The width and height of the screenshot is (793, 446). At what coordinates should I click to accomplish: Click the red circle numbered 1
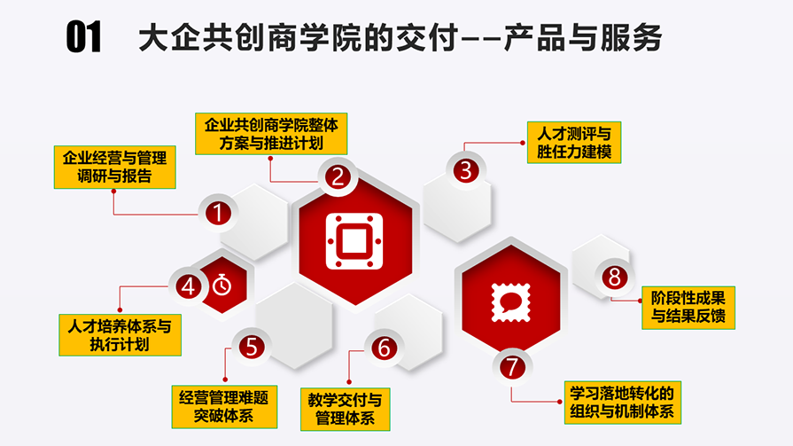tap(218, 213)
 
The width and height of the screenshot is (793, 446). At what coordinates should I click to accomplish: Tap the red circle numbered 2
tap(338, 176)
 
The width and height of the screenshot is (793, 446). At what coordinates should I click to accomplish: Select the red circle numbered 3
tap(466, 170)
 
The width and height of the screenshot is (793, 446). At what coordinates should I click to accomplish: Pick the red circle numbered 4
tap(189, 286)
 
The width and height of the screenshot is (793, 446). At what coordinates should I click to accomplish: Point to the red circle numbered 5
tap(252, 348)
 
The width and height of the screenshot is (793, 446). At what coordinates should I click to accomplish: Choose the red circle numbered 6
tap(384, 348)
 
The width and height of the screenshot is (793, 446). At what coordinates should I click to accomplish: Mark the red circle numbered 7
tap(512, 367)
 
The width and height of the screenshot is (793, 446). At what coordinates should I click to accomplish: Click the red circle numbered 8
tap(615, 277)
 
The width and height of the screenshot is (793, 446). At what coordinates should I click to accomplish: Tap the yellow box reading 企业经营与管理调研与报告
tap(115, 168)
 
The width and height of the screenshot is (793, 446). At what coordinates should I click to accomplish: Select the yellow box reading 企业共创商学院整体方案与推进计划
tap(271, 134)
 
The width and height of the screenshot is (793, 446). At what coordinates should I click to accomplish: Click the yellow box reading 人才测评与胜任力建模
tap(574, 143)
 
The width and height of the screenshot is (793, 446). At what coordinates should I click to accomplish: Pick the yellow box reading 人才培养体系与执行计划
tap(120, 335)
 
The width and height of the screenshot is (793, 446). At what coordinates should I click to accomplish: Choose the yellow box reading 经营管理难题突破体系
tap(224, 407)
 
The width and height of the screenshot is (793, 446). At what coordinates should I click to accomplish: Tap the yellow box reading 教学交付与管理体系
tap(345, 410)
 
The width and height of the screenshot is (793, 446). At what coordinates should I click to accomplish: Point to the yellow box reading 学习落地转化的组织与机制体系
tap(623, 403)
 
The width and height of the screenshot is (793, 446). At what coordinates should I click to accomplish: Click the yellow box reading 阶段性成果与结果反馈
tap(688, 308)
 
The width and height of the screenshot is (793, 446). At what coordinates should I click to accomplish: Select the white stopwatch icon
tap(222, 285)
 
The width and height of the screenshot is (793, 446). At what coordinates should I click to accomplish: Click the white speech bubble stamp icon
tap(510, 302)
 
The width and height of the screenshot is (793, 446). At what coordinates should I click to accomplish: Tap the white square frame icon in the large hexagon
tap(354, 241)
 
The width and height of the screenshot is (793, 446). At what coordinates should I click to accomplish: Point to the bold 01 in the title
tap(83, 37)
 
